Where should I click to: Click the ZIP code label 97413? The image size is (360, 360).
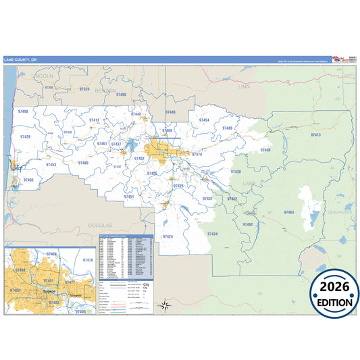click(315, 136)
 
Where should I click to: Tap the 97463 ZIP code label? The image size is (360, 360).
click(289, 212)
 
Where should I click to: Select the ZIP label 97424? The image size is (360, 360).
click(168, 236)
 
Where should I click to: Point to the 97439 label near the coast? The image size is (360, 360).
click(26, 136)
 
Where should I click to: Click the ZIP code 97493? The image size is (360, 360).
click(28, 180)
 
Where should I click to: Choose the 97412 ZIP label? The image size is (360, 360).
click(95, 120)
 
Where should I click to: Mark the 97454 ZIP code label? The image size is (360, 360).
click(204, 120)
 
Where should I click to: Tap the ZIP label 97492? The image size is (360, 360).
click(247, 224)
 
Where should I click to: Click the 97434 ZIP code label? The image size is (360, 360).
click(212, 234)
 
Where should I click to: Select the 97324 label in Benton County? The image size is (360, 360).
click(84, 89)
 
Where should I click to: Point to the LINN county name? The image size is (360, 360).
click(245, 87)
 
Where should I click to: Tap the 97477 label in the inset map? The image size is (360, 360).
click(70, 282)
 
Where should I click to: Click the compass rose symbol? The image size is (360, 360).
click(164, 305)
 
